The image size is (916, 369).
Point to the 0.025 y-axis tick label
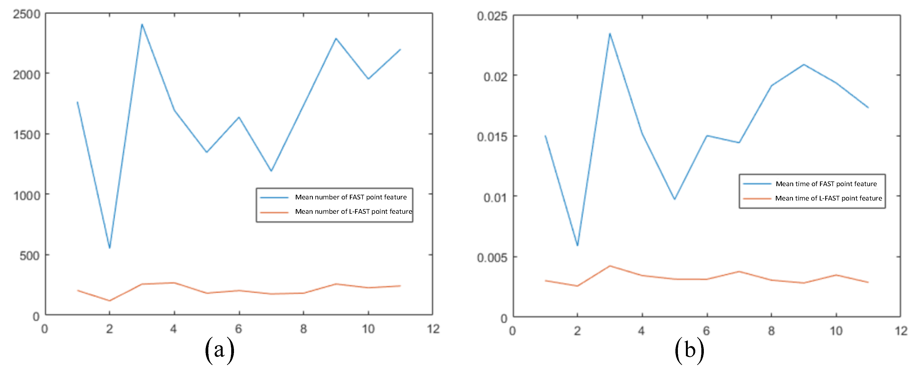(x=492, y=16)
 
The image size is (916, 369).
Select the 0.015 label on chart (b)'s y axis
(x=492, y=137)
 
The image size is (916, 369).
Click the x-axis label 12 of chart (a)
(x=433, y=329)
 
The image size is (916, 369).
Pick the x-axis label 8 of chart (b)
(x=771, y=331)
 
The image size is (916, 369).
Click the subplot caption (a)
(x=219, y=350)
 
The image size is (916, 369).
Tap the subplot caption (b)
(x=689, y=350)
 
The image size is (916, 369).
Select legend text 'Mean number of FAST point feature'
(x=351, y=197)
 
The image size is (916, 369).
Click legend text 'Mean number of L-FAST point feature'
(x=353, y=212)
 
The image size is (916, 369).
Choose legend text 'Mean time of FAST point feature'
(x=826, y=184)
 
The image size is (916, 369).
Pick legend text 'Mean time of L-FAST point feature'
(x=829, y=198)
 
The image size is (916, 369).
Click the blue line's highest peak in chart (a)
(x=142, y=24)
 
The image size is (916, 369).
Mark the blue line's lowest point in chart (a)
(x=110, y=248)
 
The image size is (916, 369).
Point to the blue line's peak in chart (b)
(x=610, y=33)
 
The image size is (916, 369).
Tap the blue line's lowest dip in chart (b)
(x=577, y=246)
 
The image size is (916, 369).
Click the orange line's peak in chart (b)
(x=610, y=266)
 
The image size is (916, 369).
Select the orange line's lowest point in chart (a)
(x=110, y=301)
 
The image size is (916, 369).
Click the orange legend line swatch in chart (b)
(x=757, y=199)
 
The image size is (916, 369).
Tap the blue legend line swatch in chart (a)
(x=274, y=197)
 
